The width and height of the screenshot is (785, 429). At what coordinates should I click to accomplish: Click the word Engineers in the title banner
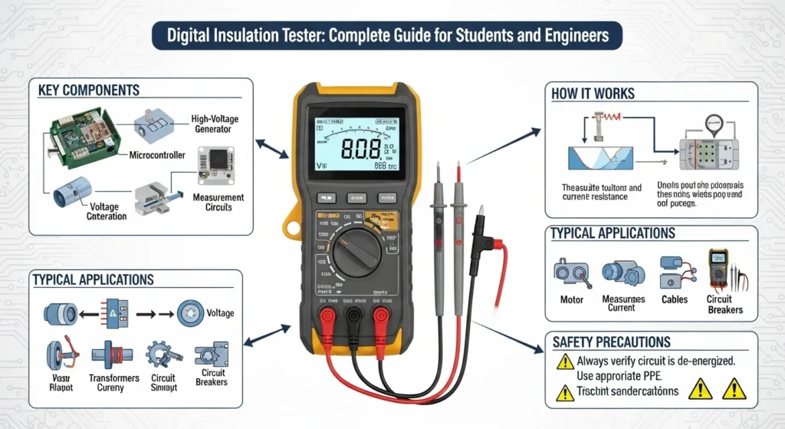pos(570,35)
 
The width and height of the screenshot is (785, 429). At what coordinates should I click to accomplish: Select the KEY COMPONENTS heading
pos(89,90)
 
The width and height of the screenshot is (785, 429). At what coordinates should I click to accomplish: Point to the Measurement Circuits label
pos(218,203)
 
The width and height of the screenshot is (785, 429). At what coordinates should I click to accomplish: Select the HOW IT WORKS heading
pos(593,93)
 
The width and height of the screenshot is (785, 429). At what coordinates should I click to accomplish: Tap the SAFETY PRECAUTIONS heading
pos(611,342)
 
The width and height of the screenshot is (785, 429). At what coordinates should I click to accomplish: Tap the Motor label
pos(571,300)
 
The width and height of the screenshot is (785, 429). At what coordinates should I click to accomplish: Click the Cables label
pos(675,300)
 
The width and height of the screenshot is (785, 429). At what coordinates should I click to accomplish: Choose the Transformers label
pos(114,378)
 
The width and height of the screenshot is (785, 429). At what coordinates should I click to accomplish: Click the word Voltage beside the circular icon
pos(221,313)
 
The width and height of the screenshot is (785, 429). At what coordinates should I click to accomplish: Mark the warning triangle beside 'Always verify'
pos(564,362)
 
